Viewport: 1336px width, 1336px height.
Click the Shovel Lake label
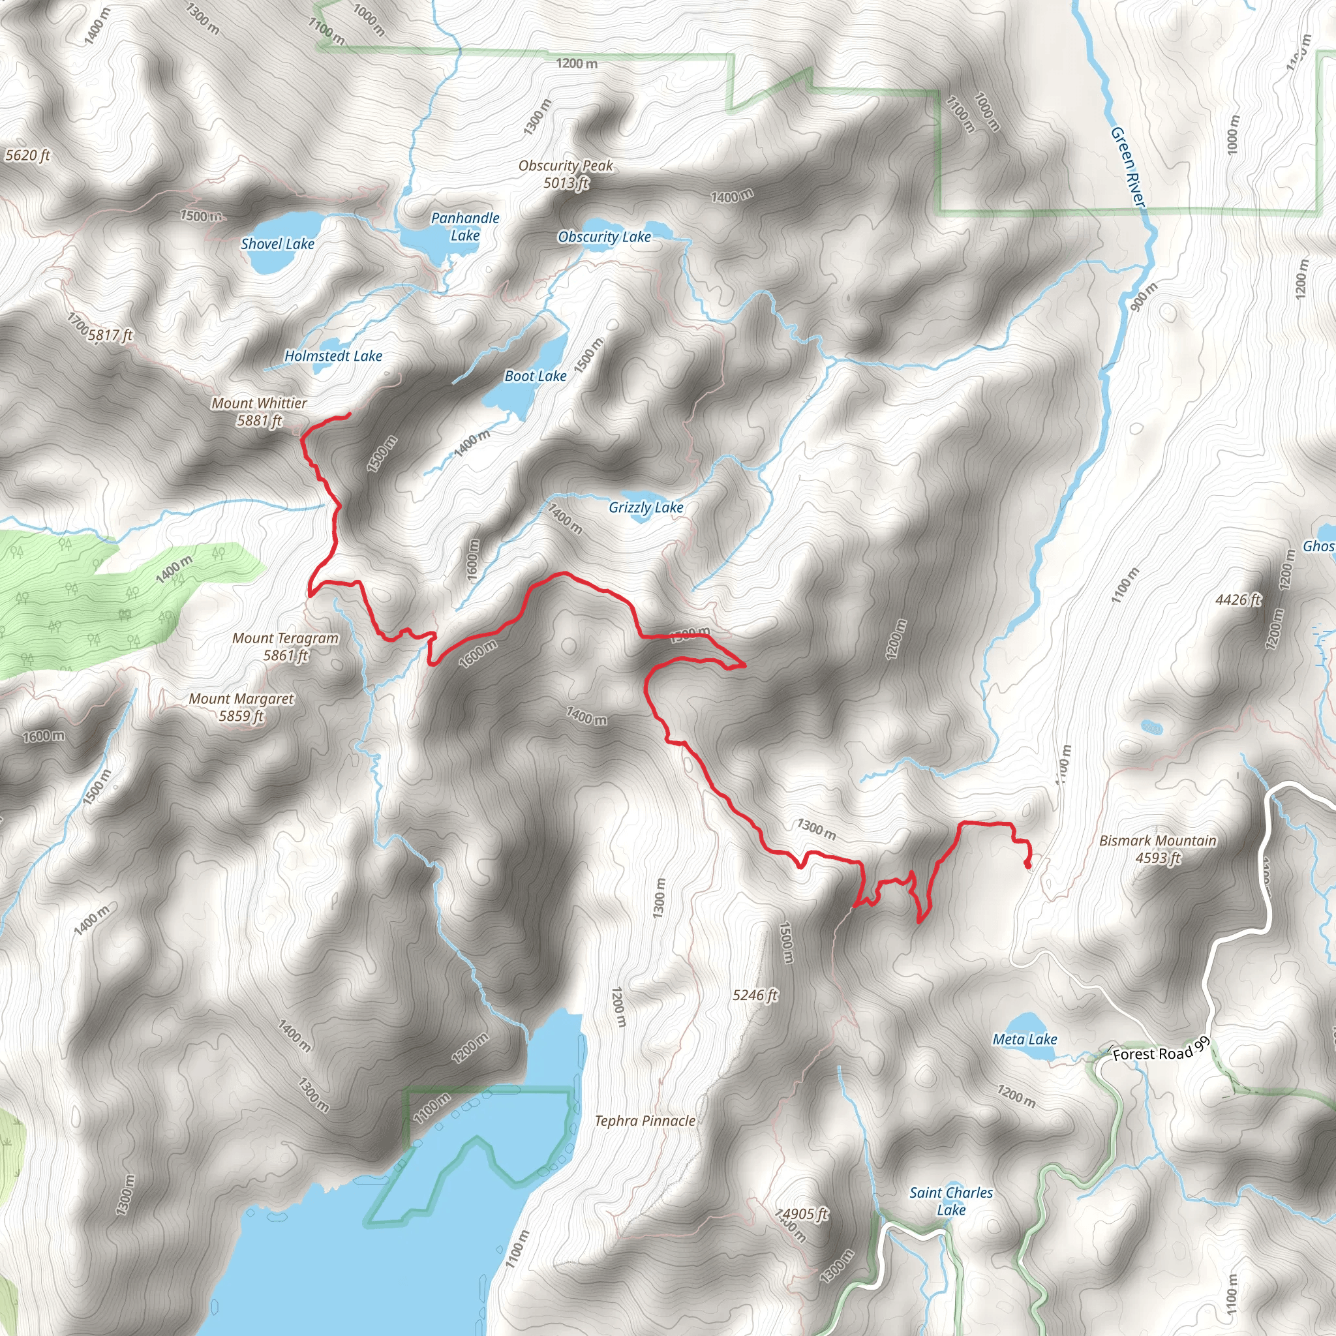click(277, 244)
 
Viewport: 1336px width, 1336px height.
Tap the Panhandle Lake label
click(464, 227)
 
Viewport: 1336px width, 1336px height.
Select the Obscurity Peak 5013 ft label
click(566, 174)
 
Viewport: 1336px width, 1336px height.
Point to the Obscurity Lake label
click(604, 237)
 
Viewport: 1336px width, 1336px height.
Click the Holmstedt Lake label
click(333, 356)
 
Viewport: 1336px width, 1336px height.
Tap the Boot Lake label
click(535, 376)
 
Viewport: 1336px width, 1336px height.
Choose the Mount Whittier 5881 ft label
click(260, 412)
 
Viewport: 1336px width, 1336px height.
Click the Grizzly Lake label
click(646, 508)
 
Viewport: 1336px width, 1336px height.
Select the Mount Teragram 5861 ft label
click(286, 646)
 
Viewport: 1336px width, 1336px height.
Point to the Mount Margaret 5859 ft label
click(241, 707)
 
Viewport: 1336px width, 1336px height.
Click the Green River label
click(1128, 166)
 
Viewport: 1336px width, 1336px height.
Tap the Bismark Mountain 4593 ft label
click(1158, 849)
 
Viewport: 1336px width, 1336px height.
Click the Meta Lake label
click(1025, 1039)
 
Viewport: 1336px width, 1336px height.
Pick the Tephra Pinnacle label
click(645, 1121)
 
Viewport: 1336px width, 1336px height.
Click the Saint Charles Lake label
click(951, 1201)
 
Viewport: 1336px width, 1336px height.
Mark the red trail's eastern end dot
click(1027, 864)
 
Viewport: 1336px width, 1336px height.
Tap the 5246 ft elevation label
click(755, 995)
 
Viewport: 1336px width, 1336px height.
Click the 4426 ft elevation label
click(1237, 600)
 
